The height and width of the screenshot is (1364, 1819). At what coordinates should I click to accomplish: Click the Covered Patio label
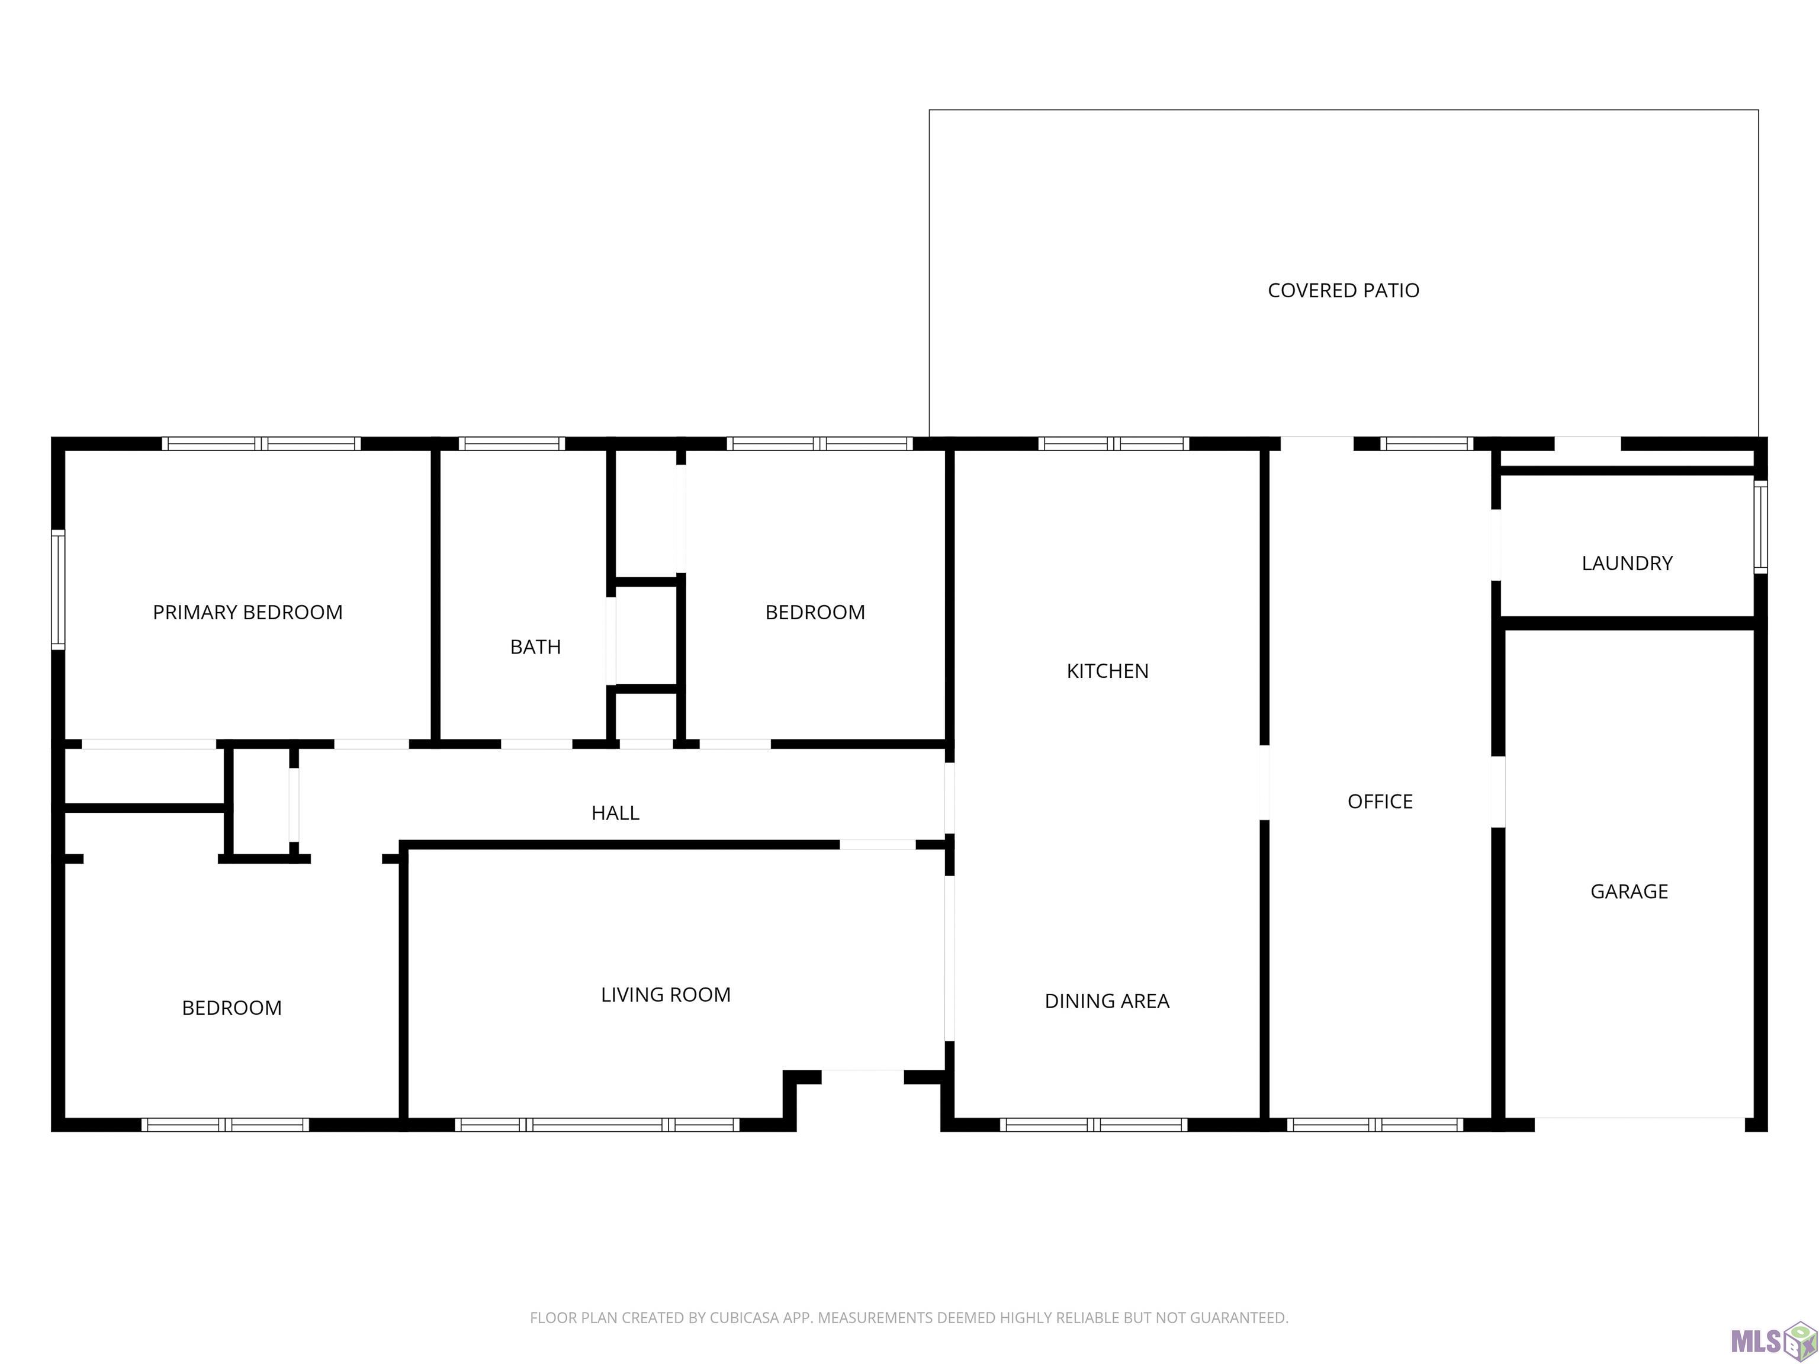click(1343, 290)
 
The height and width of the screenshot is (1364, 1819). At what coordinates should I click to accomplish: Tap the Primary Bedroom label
click(248, 613)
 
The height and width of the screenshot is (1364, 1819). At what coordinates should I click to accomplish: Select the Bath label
click(535, 647)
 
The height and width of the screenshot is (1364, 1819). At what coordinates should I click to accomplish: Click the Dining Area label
click(1107, 1001)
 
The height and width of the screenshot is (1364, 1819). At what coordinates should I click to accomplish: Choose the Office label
click(1380, 802)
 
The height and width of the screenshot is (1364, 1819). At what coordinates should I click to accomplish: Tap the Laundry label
click(1627, 563)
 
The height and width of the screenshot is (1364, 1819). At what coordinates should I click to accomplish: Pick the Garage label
click(1629, 891)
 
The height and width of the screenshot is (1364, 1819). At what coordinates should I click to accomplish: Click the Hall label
click(615, 813)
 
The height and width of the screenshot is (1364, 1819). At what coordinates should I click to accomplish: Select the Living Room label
click(666, 995)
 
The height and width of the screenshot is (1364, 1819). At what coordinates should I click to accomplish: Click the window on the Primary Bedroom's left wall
click(57, 590)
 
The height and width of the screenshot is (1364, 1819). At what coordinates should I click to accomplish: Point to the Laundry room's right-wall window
click(1760, 527)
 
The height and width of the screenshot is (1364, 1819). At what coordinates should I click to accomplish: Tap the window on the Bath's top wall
click(512, 444)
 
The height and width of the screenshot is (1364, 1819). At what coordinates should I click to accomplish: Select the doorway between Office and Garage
click(1498, 792)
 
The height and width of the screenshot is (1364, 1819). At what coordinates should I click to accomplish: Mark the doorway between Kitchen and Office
click(1265, 783)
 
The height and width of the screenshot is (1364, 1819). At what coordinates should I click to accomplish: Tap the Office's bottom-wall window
click(1375, 1125)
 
